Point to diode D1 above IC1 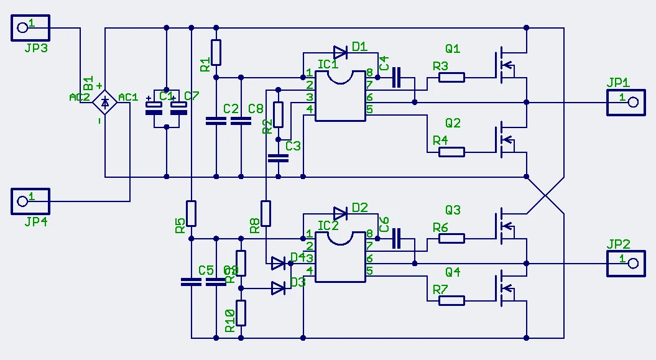point(341,52)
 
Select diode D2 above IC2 point(341,213)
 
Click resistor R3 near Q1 point(451,77)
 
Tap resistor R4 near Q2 point(451,152)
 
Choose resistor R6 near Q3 point(451,238)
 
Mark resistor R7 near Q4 point(451,300)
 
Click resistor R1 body point(216,52)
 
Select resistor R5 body point(192,213)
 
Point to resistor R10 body point(241,313)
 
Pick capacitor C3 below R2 point(278,157)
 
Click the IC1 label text point(327,64)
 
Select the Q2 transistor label point(453,123)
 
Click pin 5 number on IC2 point(369,271)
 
